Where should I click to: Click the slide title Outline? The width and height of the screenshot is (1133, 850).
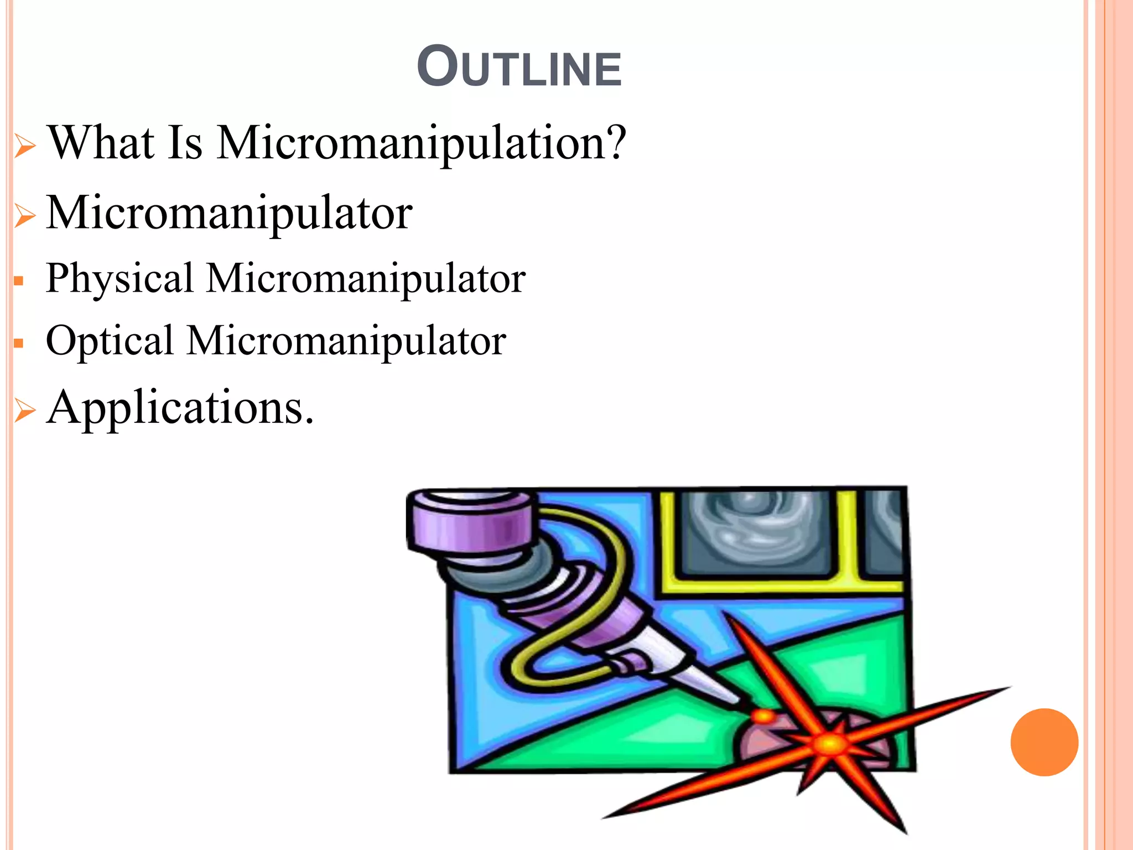click(519, 68)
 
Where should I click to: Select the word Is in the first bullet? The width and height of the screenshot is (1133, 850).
click(185, 143)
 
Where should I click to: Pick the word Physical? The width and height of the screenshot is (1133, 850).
click(119, 279)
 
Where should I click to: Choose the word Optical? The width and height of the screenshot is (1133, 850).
click(110, 341)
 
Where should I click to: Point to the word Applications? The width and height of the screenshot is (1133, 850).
click(180, 408)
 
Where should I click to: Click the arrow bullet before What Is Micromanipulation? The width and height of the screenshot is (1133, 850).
click(25, 147)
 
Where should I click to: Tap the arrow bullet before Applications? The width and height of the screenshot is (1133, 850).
click(25, 411)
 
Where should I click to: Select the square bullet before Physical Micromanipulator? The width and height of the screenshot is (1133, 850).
click(19, 281)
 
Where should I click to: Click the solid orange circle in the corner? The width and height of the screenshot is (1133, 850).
click(1044, 742)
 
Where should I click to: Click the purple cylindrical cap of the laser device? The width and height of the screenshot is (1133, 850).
click(470, 523)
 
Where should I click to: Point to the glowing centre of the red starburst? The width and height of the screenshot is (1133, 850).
click(828, 743)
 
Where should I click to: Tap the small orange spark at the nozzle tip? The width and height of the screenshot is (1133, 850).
click(764, 717)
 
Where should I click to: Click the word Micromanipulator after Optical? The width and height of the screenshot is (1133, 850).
click(346, 341)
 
